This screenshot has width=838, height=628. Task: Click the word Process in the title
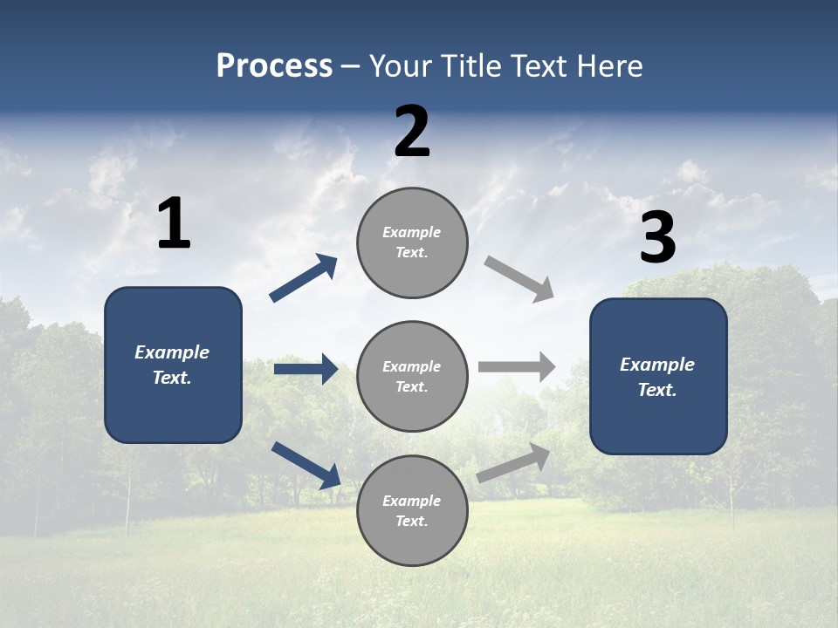pos(274,66)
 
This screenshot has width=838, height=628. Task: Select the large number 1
pos(174,223)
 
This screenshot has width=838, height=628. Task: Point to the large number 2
pos(412,132)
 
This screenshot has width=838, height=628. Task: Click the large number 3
pos(657,238)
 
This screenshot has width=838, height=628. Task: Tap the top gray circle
pos(412,242)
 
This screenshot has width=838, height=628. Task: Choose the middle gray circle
pos(412,377)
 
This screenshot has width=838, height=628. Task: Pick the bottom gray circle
pos(412,511)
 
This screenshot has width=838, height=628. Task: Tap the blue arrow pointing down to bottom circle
pos(306,464)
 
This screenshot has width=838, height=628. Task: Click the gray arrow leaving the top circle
pos(519,278)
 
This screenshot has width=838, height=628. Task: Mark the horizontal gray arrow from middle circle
pos(517,366)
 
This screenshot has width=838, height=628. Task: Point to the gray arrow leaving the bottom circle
pos(514,462)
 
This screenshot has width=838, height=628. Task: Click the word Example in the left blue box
pos(172,352)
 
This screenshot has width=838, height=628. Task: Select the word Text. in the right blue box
pos(657,390)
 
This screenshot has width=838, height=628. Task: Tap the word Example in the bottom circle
pos(411,501)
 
